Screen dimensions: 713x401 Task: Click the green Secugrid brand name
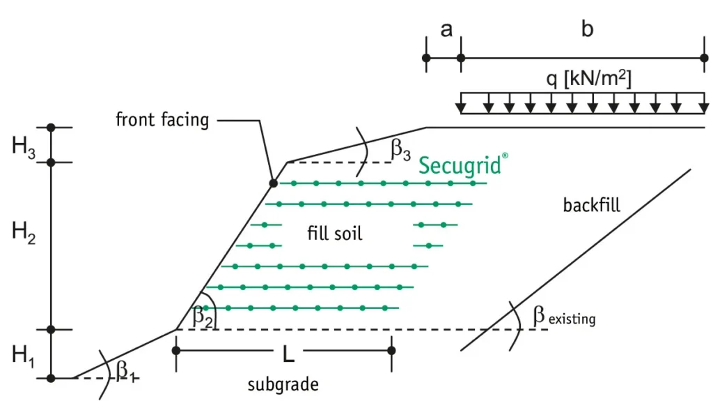pyautogui.click(x=463, y=165)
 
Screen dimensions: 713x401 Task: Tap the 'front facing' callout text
pyautogui.click(x=162, y=120)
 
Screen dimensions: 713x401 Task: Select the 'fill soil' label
pyautogui.click(x=335, y=234)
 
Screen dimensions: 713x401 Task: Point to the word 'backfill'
pyautogui.click(x=592, y=206)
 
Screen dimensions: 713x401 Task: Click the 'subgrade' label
pyautogui.click(x=283, y=384)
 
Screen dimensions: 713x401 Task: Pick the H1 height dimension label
pyautogui.click(x=23, y=355)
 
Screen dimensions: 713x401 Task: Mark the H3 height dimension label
pyautogui.click(x=23, y=146)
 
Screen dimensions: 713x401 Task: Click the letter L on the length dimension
pyautogui.click(x=288, y=354)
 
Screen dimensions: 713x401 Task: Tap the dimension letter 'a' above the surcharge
pyautogui.click(x=446, y=30)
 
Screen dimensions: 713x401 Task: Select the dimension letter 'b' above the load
pyautogui.click(x=587, y=29)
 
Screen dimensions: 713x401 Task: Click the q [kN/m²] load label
pyautogui.click(x=589, y=79)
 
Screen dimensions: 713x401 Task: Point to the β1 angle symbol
pyautogui.click(x=125, y=370)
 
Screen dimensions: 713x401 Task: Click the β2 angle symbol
pyautogui.click(x=203, y=316)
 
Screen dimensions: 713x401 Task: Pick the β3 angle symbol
pyautogui.click(x=400, y=149)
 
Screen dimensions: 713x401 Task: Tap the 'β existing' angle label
pyautogui.click(x=564, y=316)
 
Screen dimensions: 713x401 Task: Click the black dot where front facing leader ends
pyautogui.click(x=273, y=183)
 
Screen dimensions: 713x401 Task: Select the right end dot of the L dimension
pyautogui.click(x=391, y=350)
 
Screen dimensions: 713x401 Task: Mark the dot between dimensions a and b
pyautogui.click(x=461, y=58)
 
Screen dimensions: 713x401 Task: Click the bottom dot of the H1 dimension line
pyautogui.click(x=51, y=378)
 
